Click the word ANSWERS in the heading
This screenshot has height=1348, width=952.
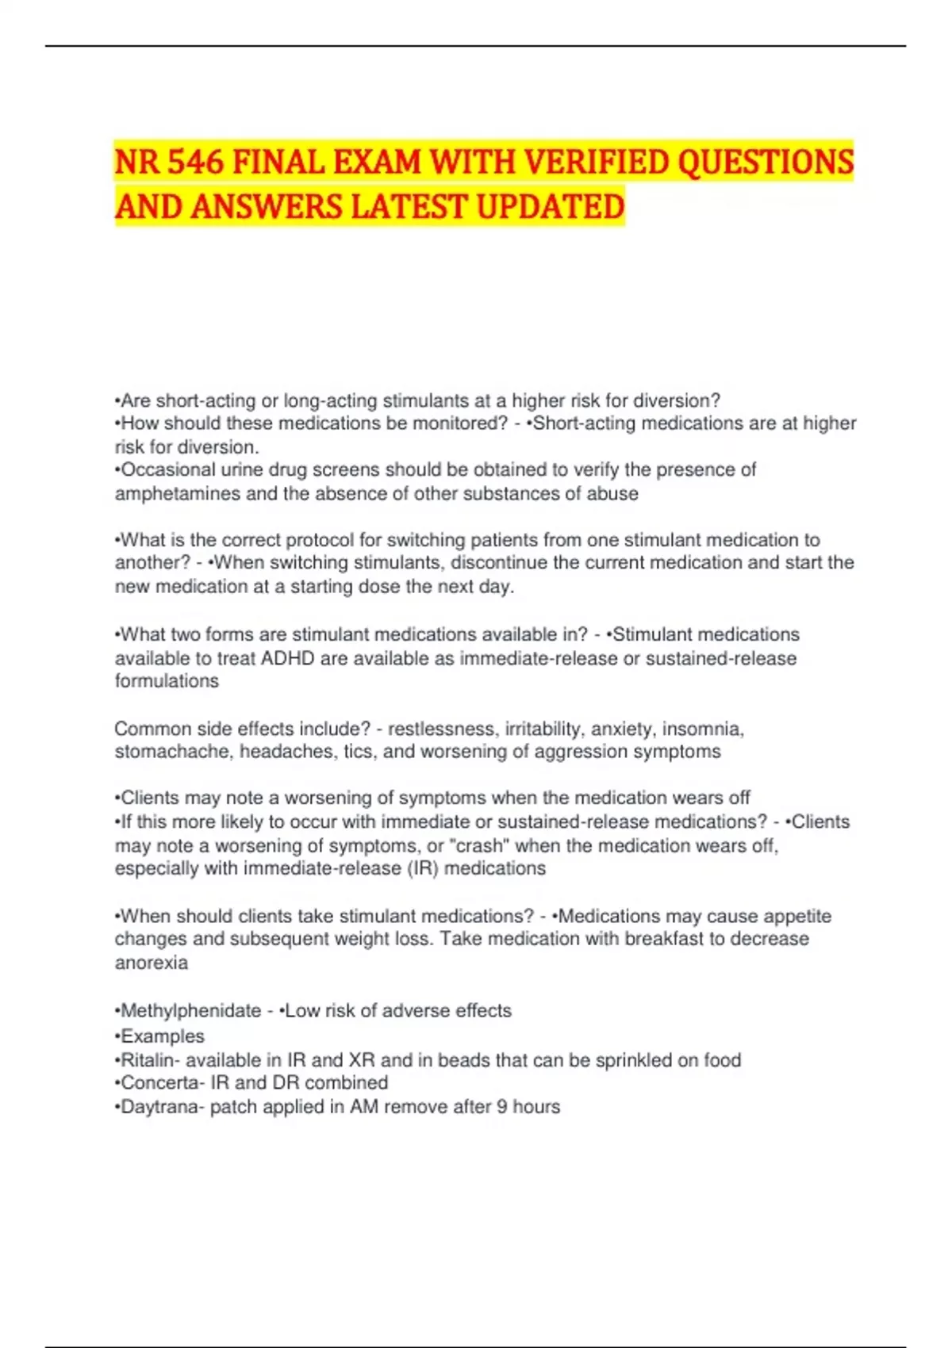click(265, 207)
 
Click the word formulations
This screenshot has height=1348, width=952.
click(167, 681)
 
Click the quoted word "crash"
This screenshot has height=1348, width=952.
click(479, 846)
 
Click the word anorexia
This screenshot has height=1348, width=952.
click(151, 963)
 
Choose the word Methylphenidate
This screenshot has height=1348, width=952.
click(190, 1011)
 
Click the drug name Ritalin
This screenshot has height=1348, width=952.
click(147, 1060)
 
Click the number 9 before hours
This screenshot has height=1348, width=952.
click(502, 1107)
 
